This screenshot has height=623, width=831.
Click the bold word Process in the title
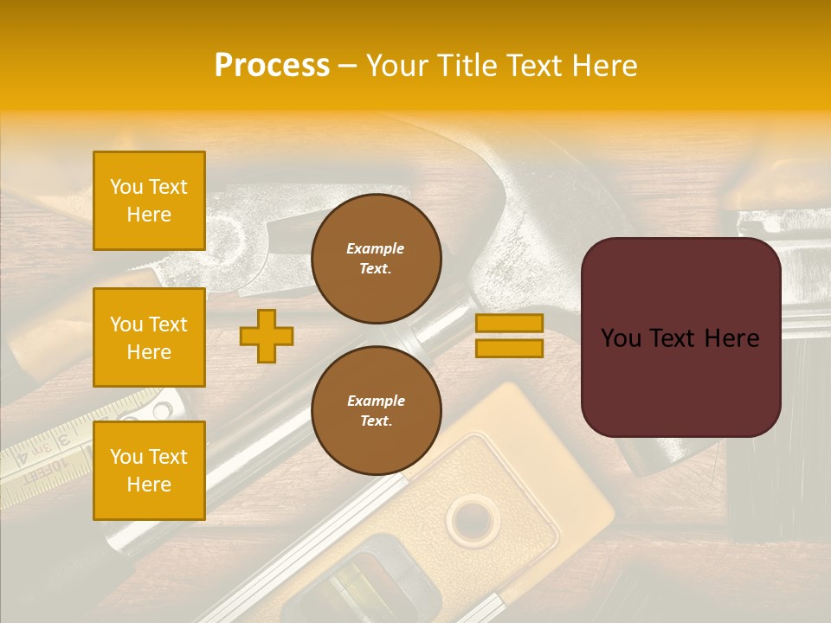(272, 66)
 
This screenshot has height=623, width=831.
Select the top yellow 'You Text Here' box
(149, 201)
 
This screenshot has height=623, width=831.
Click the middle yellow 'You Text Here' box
(149, 337)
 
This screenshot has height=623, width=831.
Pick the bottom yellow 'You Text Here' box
(149, 471)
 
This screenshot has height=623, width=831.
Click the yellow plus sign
(267, 336)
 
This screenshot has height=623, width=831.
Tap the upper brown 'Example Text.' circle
(377, 259)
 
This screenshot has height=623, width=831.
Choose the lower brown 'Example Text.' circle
(377, 411)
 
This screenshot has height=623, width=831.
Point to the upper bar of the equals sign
(509, 324)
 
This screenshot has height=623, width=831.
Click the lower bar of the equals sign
(509, 348)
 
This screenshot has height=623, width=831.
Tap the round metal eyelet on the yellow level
(473, 520)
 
